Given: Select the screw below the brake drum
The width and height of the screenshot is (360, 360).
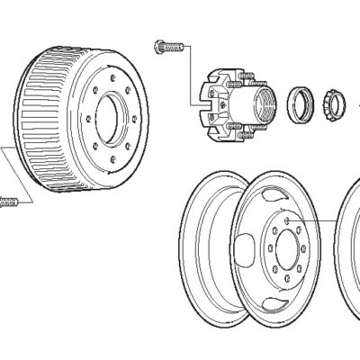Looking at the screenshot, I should tap(10, 202).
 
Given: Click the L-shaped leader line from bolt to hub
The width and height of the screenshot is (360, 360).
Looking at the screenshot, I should tap(191, 67).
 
